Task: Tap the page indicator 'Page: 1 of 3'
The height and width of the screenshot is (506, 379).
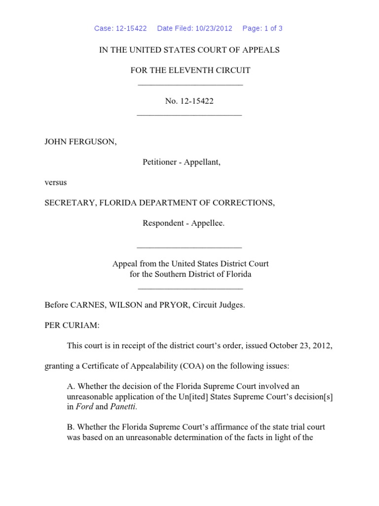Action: click(x=262, y=28)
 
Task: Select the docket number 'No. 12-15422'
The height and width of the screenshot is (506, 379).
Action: click(x=189, y=101)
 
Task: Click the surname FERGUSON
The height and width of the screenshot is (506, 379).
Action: click(x=91, y=142)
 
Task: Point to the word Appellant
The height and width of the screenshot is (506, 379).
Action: click(x=202, y=162)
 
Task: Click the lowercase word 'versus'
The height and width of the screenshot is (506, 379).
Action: click(x=56, y=182)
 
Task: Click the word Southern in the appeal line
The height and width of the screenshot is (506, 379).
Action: click(x=170, y=274)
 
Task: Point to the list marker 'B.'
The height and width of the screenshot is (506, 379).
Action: click(x=71, y=426)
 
